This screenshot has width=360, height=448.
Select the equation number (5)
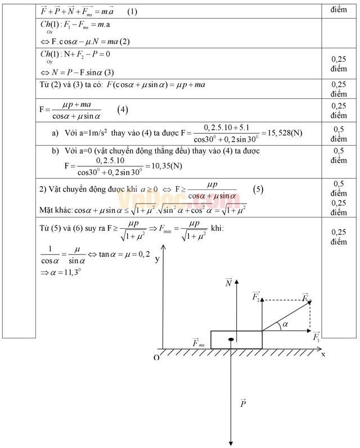tap(258, 189)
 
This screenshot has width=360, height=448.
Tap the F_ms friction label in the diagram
tap(198, 342)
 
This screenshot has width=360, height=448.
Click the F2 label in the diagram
tap(256, 296)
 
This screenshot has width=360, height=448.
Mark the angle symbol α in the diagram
tap(285, 324)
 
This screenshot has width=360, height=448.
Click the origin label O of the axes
tap(156, 358)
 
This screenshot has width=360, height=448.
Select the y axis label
tap(157, 260)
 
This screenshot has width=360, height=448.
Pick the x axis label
tap(323, 354)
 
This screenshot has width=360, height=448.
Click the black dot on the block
tap(231, 340)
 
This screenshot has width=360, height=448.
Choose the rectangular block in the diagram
tap(236, 340)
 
